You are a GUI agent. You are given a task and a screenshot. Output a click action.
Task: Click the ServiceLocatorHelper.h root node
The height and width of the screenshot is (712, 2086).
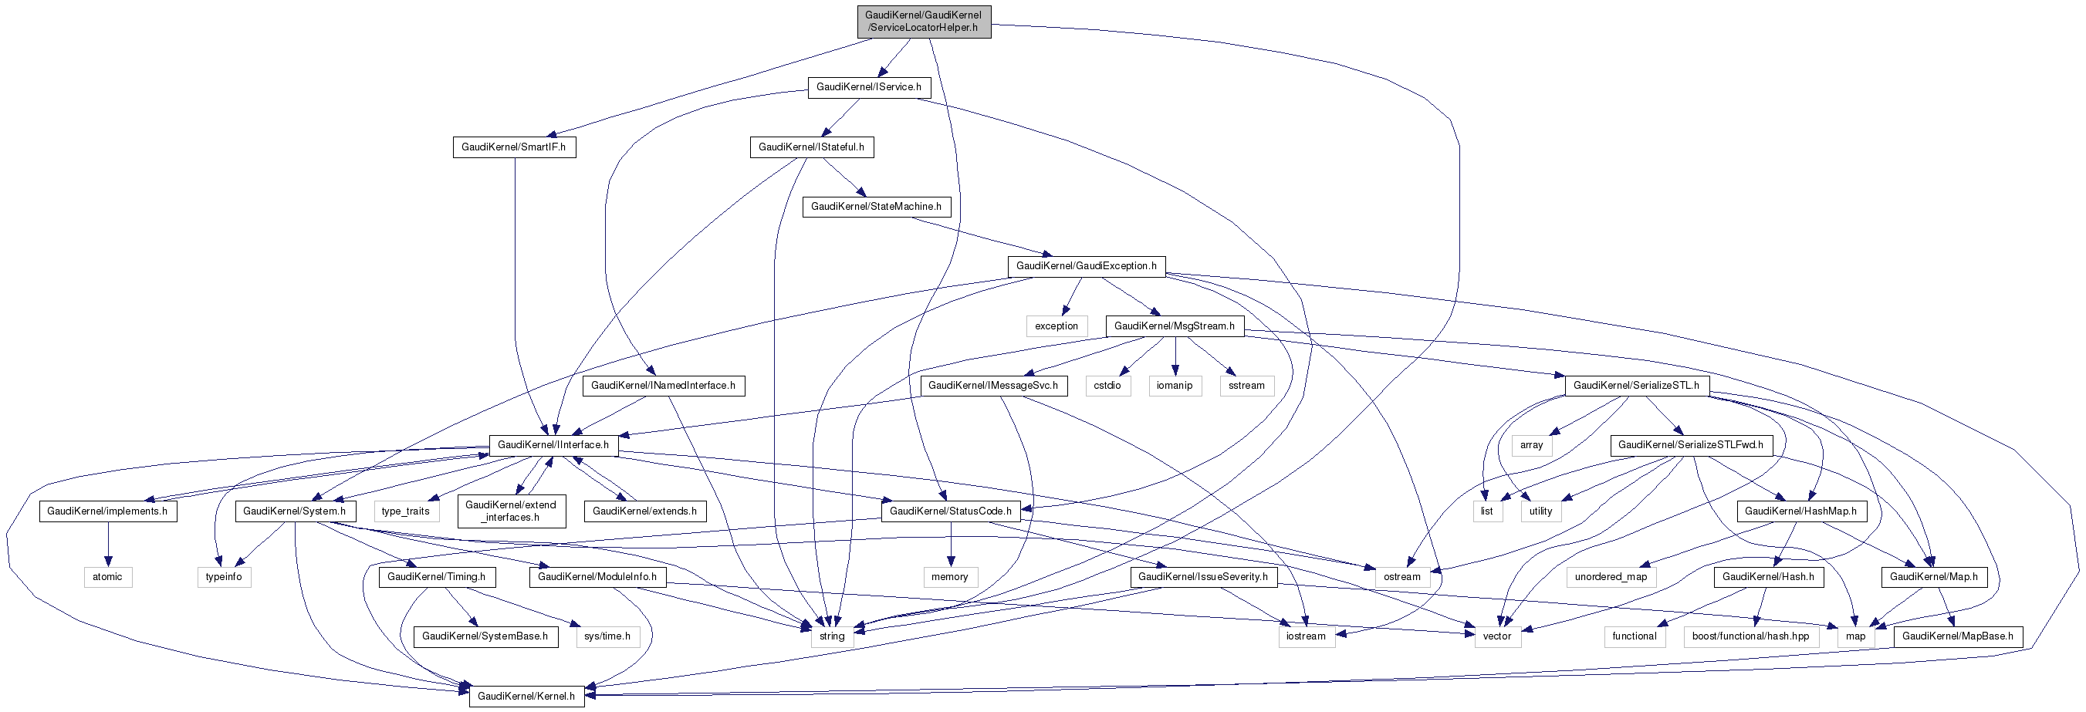tap(923, 21)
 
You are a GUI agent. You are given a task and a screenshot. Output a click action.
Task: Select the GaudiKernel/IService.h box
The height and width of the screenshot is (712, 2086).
tap(868, 87)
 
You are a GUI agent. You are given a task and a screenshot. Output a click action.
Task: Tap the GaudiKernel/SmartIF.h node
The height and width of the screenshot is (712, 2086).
tap(513, 147)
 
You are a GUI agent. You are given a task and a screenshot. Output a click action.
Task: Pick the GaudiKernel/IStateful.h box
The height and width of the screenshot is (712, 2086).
tap(810, 147)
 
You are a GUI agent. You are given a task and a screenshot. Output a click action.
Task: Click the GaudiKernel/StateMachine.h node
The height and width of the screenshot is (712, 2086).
tap(875, 208)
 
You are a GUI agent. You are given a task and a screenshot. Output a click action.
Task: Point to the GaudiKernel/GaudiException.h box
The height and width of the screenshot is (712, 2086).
tap(1085, 266)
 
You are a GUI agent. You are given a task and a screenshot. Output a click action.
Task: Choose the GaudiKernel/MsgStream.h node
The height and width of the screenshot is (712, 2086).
tap(1173, 326)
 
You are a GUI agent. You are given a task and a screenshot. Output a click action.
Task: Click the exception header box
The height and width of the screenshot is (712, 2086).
tap(1056, 326)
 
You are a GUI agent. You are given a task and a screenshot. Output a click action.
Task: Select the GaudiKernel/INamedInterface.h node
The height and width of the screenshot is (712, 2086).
tap(662, 386)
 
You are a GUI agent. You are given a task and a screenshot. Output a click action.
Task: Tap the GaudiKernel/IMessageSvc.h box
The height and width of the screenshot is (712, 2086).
tap(992, 386)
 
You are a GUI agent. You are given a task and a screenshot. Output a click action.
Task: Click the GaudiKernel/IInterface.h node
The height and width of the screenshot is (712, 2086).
tap(553, 445)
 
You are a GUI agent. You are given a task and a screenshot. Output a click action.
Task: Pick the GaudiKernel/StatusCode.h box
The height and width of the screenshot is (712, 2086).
tap(950, 511)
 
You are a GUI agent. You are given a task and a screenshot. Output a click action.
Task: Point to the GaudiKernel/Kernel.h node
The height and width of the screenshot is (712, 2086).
tap(526, 697)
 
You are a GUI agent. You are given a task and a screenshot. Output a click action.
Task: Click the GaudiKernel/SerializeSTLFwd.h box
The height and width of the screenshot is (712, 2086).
tap(1690, 445)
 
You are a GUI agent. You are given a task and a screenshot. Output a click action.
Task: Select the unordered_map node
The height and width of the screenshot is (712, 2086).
tap(1610, 577)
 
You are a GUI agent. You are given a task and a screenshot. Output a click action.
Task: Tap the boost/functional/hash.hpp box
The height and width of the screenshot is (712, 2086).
tap(1750, 636)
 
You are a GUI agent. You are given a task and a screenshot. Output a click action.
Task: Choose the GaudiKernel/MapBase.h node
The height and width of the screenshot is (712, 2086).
tap(1956, 636)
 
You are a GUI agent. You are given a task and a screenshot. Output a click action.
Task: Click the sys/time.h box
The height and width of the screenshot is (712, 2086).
tap(607, 636)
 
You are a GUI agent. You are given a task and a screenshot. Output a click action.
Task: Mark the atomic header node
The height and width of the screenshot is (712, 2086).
tap(107, 577)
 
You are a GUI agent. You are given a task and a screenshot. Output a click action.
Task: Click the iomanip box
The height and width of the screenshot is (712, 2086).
tap(1173, 386)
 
